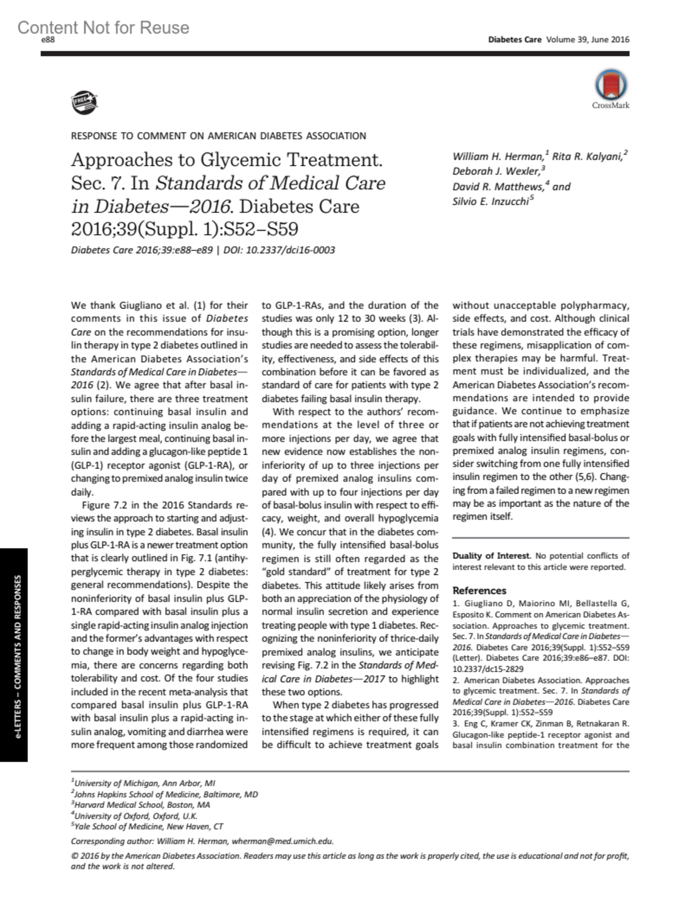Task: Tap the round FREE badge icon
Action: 84,102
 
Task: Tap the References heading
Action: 479,591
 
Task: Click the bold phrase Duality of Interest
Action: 491,555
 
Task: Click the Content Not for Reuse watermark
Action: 103,27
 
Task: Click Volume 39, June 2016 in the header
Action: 587,40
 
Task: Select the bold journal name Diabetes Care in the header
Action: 514,40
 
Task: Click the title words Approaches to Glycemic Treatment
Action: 227,160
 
